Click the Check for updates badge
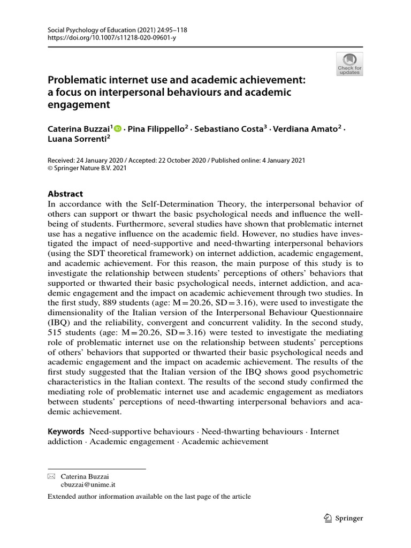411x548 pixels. pyautogui.click(x=349, y=64)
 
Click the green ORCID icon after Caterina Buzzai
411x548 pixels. pyautogui.click(x=118, y=129)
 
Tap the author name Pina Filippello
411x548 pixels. pyautogui.click(x=155, y=130)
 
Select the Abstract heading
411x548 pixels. pyautogui.click(x=65, y=194)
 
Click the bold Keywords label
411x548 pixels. pyautogui.click(x=66, y=431)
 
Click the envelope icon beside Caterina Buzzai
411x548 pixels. pyautogui.click(x=51, y=476)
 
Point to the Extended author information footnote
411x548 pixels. pyautogui.click(x=149, y=497)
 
